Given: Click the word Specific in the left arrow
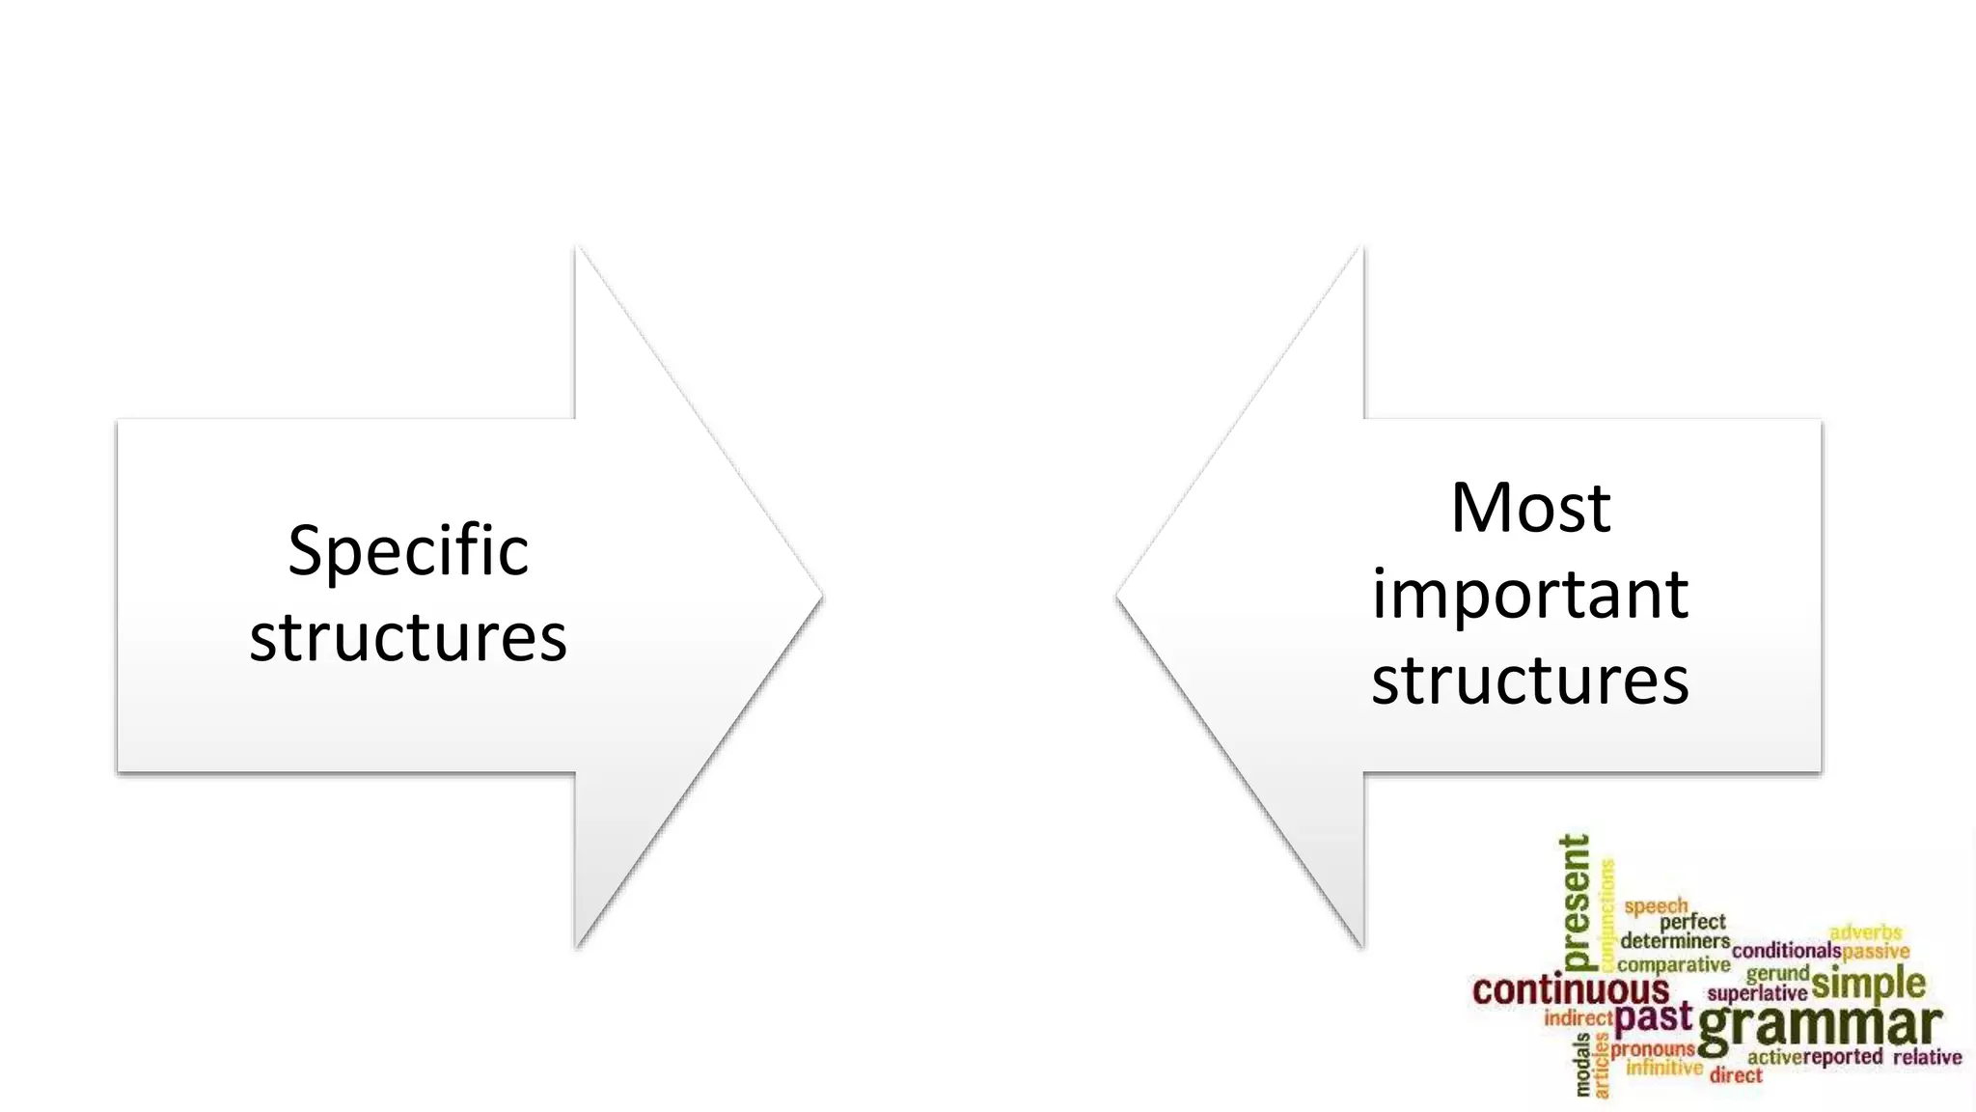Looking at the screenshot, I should [x=408, y=551].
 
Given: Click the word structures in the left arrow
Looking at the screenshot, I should [x=408, y=638].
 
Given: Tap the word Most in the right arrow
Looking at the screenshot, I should [x=1530, y=508].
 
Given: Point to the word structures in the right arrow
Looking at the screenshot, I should [x=1530, y=680].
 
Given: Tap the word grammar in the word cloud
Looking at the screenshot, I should [x=1820, y=1027].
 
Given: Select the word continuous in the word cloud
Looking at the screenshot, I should [x=1571, y=990].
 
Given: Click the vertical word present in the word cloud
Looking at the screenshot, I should [x=1575, y=902].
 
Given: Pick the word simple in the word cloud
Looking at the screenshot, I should [x=1869, y=984].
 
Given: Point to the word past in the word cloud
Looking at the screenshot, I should [x=1654, y=1016].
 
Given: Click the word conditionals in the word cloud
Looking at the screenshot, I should [x=1786, y=951].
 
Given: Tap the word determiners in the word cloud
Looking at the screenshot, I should [x=1675, y=940].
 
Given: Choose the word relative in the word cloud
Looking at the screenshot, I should [x=1927, y=1057].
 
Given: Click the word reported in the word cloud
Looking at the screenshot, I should [x=1843, y=1057].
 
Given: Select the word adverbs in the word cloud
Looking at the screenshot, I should [x=1865, y=932].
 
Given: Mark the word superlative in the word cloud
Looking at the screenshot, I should [x=1757, y=993].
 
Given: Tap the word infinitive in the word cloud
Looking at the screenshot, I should [x=1664, y=1068].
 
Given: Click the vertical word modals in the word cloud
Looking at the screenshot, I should [x=1583, y=1065].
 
